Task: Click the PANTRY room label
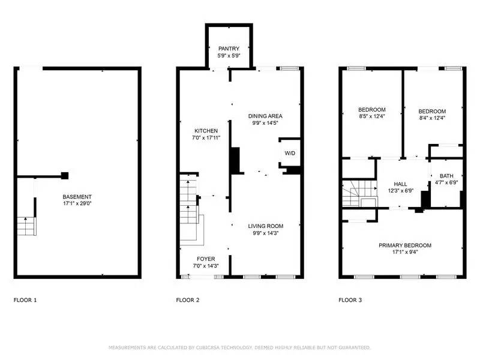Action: (229, 49)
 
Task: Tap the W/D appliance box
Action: (290, 154)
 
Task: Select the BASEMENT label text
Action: (77, 197)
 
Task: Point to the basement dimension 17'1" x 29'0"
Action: (77, 204)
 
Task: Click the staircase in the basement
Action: (26, 226)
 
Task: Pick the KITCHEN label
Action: (206, 131)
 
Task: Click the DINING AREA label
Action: (265, 116)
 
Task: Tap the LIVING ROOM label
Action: (265, 226)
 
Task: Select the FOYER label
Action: (206, 259)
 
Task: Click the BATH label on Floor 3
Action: (446, 176)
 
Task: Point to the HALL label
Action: (400, 184)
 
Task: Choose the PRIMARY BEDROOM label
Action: (404, 245)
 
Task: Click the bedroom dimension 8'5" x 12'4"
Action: (372, 116)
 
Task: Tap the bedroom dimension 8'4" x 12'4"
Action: (432, 118)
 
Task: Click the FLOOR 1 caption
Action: (25, 299)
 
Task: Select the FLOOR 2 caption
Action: (188, 299)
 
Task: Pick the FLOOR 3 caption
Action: (350, 299)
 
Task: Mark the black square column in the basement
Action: (65, 176)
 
